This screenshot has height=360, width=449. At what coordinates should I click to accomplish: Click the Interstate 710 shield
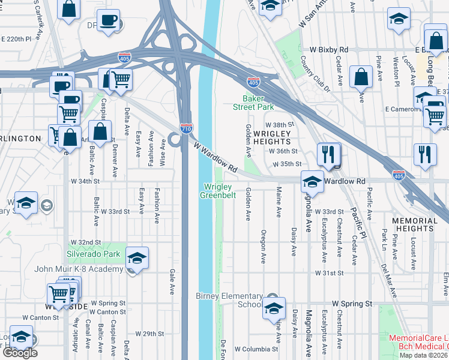pyautogui.click(x=186, y=128)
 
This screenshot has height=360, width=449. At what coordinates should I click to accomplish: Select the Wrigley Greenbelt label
pyautogui.click(x=215, y=190)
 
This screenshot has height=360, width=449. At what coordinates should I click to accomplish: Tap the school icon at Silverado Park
pyautogui.click(x=137, y=258)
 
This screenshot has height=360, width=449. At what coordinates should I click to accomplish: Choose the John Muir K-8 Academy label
pyautogui.click(x=79, y=269)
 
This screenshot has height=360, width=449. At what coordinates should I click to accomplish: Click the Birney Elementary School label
pyautogui.click(x=229, y=300)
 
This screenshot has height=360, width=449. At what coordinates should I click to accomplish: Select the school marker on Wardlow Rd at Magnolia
pyautogui.click(x=312, y=181)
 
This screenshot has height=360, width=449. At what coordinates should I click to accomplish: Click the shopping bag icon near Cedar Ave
pyautogui.click(x=361, y=77)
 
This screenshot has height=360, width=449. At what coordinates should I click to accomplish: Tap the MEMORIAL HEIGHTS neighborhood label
pyautogui.click(x=415, y=225)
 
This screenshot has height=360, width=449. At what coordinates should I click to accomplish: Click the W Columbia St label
pyautogui.click(x=256, y=349)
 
